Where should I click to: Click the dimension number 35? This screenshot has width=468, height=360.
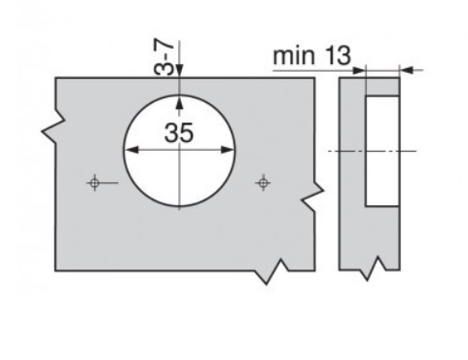179,132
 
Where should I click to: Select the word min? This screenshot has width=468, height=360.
294,56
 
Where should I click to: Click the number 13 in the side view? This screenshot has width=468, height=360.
338,55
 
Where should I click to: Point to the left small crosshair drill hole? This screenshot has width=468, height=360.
94,183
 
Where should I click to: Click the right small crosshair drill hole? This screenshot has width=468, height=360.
264,183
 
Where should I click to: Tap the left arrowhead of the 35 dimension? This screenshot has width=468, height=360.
131,150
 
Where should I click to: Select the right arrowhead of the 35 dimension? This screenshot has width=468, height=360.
227,150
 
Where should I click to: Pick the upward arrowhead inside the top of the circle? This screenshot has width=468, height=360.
179,103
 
